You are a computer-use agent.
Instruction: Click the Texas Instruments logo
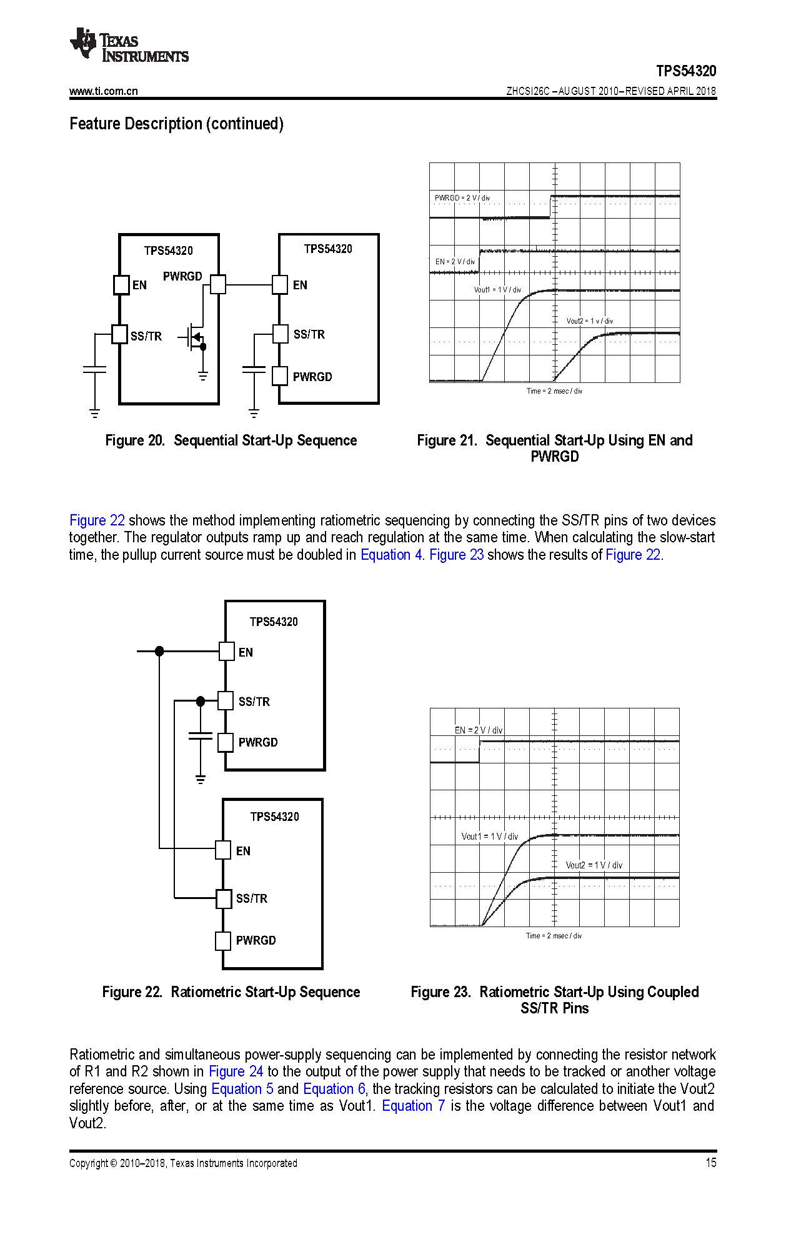pos(129,45)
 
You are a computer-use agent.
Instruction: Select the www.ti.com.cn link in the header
pos(103,91)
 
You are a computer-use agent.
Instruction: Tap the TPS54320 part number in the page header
pos(685,71)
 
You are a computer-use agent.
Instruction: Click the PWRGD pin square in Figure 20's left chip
pos(217,285)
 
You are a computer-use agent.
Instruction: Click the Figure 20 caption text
pos(231,440)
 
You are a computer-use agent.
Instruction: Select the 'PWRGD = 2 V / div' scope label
pos(462,198)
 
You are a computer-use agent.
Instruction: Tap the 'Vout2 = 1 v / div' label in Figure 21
pos(589,321)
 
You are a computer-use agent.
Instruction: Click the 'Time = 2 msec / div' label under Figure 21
pos(554,391)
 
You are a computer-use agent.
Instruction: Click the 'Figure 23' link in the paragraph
pos(456,555)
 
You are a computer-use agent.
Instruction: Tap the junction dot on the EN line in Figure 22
pos(159,651)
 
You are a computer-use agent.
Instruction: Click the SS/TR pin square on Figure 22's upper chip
pos(226,701)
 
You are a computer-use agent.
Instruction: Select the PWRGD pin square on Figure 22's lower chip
pos(223,941)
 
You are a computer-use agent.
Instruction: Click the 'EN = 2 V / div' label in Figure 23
pos(478,730)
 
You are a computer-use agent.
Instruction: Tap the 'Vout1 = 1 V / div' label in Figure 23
pos(489,837)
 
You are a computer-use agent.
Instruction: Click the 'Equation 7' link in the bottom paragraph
pos(413,1106)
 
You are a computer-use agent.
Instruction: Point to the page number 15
pos(710,1163)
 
